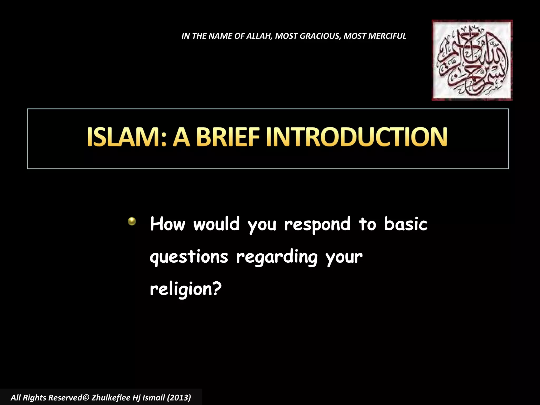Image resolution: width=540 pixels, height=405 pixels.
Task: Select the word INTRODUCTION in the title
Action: (x=356, y=137)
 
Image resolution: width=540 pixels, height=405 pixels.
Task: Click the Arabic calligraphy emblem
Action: (x=472, y=60)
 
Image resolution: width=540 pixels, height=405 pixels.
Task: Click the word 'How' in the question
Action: (x=168, y=224)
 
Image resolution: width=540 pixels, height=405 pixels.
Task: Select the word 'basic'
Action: (x=406, y=224)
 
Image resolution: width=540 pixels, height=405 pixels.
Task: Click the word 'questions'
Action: (x=189, y=257)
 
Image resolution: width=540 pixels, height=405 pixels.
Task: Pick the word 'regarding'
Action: (x=277, y=257)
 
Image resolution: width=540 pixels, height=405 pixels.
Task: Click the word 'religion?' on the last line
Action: (x=186, y=290)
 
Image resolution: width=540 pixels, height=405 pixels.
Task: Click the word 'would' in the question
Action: (x=216, y=224)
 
